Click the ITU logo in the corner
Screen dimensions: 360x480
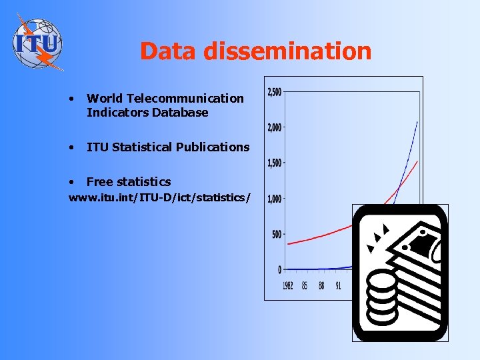[38, 41]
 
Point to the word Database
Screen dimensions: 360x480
[180, 113]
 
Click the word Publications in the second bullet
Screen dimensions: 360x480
[213, 147]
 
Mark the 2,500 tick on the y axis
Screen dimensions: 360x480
[274, 92]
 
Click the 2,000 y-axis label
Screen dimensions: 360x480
[274, 127]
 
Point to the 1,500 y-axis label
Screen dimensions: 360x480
[274, 163]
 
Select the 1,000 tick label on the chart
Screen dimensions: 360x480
[274, 199]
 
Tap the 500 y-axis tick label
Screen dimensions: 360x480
[275, 234]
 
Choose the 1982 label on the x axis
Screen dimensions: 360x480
[287, 285]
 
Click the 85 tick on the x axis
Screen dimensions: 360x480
[305, 285]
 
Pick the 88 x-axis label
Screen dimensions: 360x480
[321, 285]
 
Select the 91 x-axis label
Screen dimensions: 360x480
[338, 285]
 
